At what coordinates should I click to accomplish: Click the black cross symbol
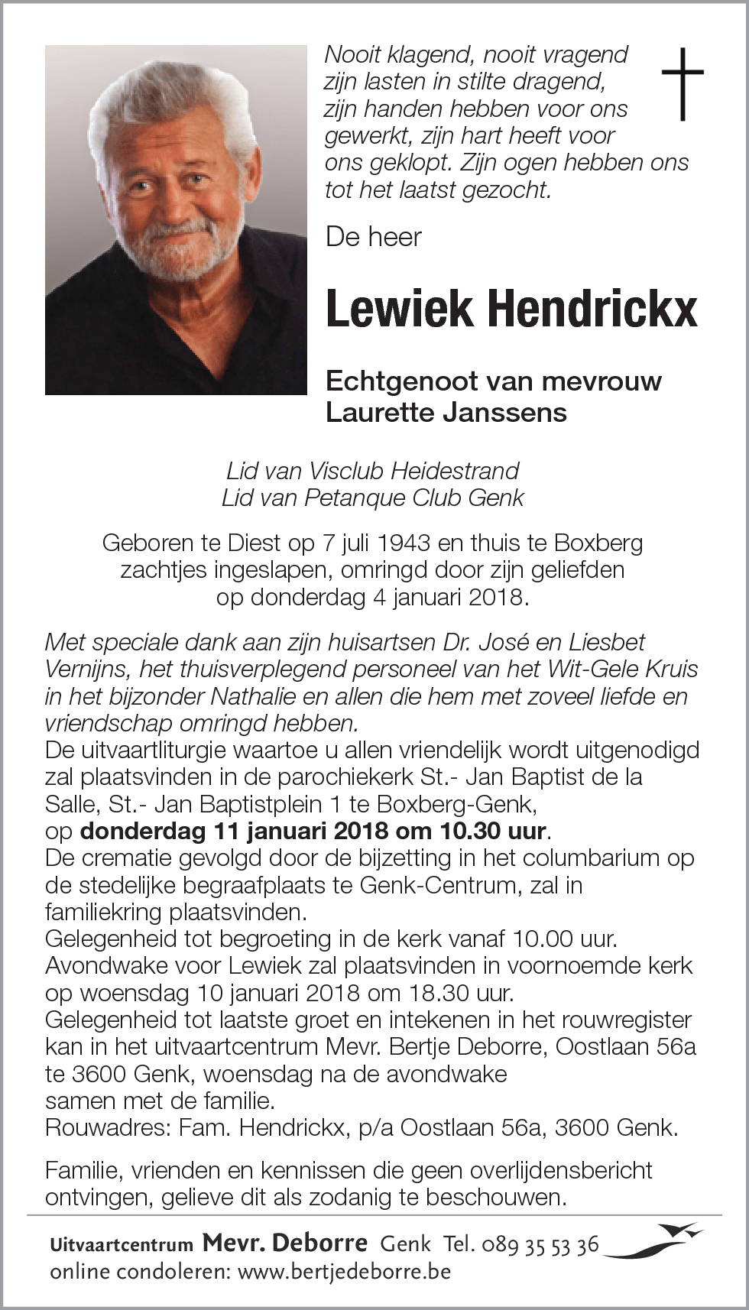(682, 83)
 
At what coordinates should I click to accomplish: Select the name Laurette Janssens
(446, 413)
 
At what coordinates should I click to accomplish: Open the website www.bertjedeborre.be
(345, 1273)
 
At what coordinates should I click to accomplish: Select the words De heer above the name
(373, 237)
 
